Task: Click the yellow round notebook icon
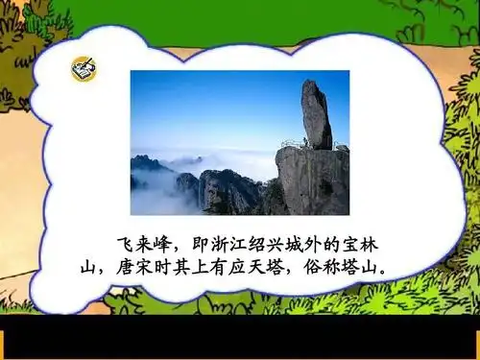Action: pyautogui.click(x=83, y=69)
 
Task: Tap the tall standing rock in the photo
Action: pyautogui.click(x=316, y=114)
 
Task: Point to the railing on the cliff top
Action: pyautogui.click(x=294, y=144)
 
